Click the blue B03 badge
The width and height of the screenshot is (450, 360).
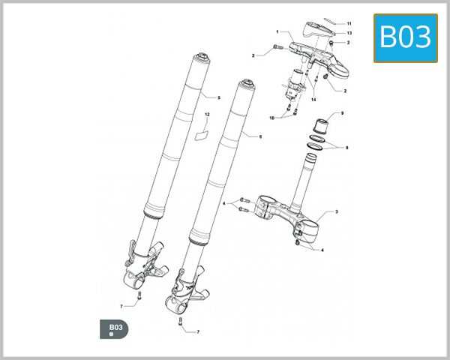(x=406, y=37)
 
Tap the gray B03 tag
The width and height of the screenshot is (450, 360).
(x=115, y=329)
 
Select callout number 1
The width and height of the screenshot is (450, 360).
(x=277, y=32)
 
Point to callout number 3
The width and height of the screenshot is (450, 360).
(x=336, y=212)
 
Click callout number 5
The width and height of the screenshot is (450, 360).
(x=218, y=98)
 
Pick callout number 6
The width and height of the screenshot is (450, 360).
(x=260, y=137)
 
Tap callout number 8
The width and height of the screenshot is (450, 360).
(x=346, y=148)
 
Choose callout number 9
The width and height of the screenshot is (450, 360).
(x=342, y=113)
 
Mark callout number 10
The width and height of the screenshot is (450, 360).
(x=272, y=118)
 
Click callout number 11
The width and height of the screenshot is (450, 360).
(x=348, y=25)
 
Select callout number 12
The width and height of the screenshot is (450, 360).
(x=206, y=115)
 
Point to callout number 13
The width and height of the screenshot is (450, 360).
(x=350, y=34)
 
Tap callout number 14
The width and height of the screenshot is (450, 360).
(x=313, y=100)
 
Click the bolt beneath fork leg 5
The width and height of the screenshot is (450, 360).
(x=139, y=299)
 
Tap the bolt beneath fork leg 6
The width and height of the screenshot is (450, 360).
(x=180, y=323)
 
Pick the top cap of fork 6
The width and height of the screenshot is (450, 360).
(x=244, y=84)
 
